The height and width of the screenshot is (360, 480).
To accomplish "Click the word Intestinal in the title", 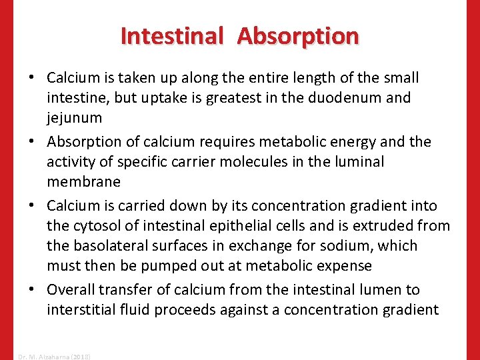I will coord(171,35).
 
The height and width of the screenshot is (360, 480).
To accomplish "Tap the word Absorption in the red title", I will coord(297,35).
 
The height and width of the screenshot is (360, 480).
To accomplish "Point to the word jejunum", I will coord(74,118).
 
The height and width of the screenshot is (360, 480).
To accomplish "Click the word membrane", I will coord(84,182).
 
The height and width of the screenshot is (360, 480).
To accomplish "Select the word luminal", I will coord(361,162).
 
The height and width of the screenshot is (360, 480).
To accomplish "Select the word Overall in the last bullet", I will coord(71,289).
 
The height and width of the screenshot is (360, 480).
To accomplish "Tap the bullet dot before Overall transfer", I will coord(33,290).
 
